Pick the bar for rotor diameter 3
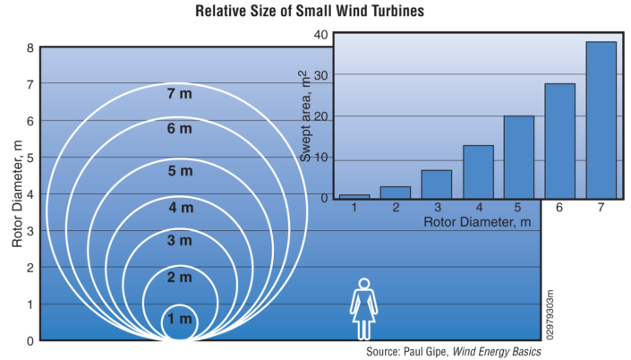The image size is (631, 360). coord(437,184)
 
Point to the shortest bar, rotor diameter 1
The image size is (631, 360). coord(354,195)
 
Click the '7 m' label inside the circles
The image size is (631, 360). coord(179,94)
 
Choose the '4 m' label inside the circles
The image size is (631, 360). coord(179,208)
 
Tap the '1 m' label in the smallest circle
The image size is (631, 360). coord(179,319)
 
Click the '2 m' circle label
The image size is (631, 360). coord(179,279)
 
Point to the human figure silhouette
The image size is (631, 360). coord(364,309)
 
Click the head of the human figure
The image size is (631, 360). coord(364,284)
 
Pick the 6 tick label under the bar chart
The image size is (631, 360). coord(560,208)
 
